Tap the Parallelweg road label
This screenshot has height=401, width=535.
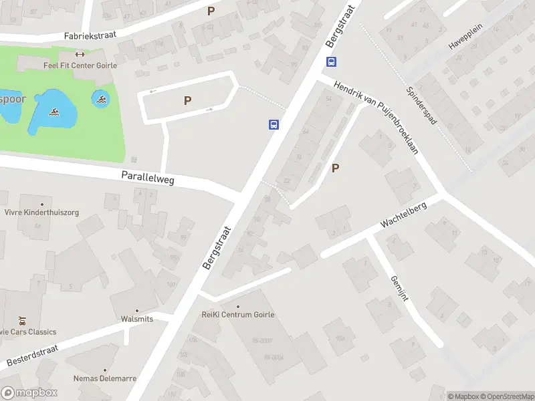(x=148, y=176)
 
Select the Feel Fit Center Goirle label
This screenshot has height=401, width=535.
(x=80, y=65)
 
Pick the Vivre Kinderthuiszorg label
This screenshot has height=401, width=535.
(x=41, y=213)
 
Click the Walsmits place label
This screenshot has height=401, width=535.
(x=136, y=319)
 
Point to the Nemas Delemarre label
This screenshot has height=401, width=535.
(x=106, y=378)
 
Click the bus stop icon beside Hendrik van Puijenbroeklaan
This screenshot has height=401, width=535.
(x=331, y=62)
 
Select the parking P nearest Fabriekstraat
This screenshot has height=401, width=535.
(x=211, y=11)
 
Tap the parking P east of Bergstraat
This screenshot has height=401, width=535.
(x=335, y=168)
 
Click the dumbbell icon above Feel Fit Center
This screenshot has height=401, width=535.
(x=80, y=55)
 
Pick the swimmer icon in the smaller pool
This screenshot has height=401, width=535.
(x=100, y=100)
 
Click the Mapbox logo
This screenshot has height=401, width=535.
(x=29, y=393)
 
